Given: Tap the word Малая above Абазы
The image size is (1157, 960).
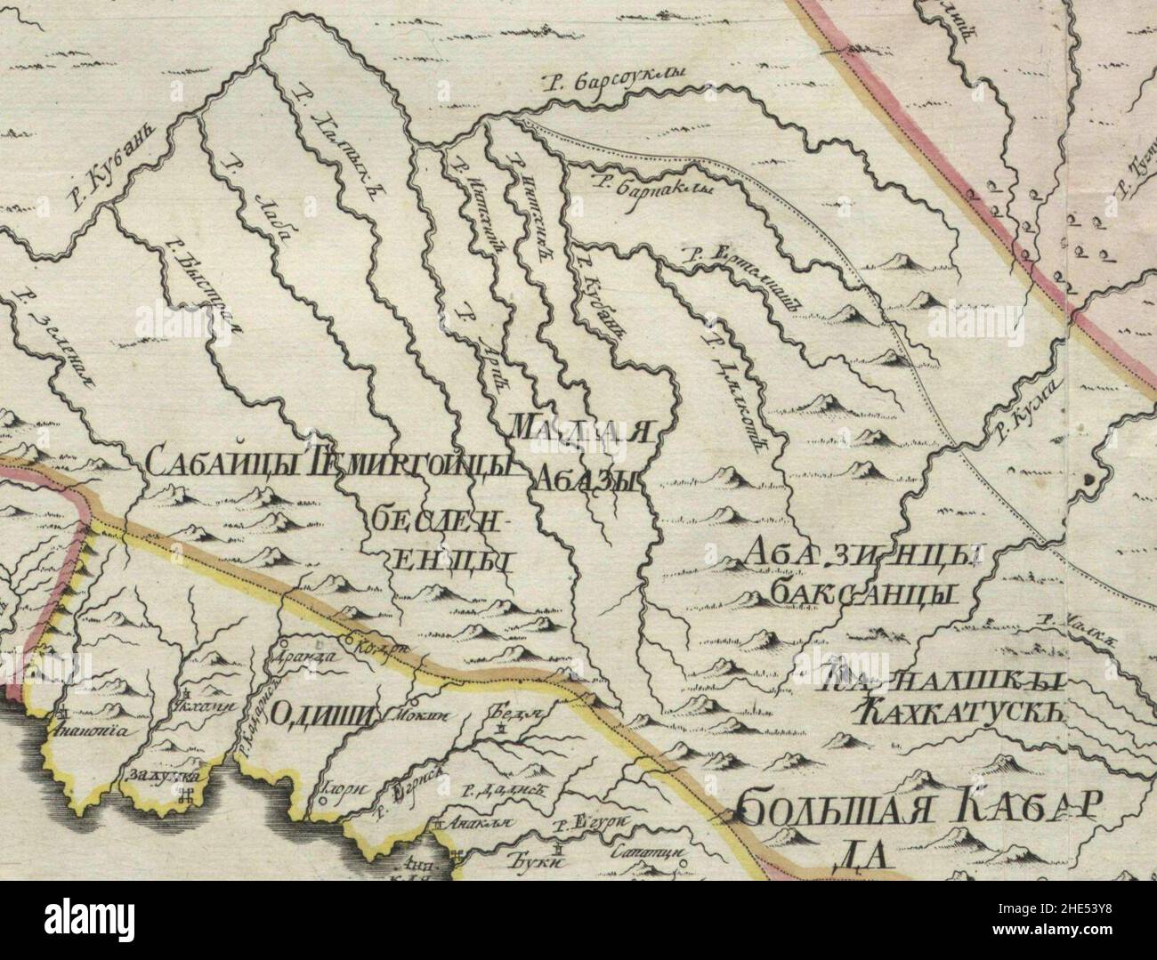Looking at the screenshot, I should click(584, 429).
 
